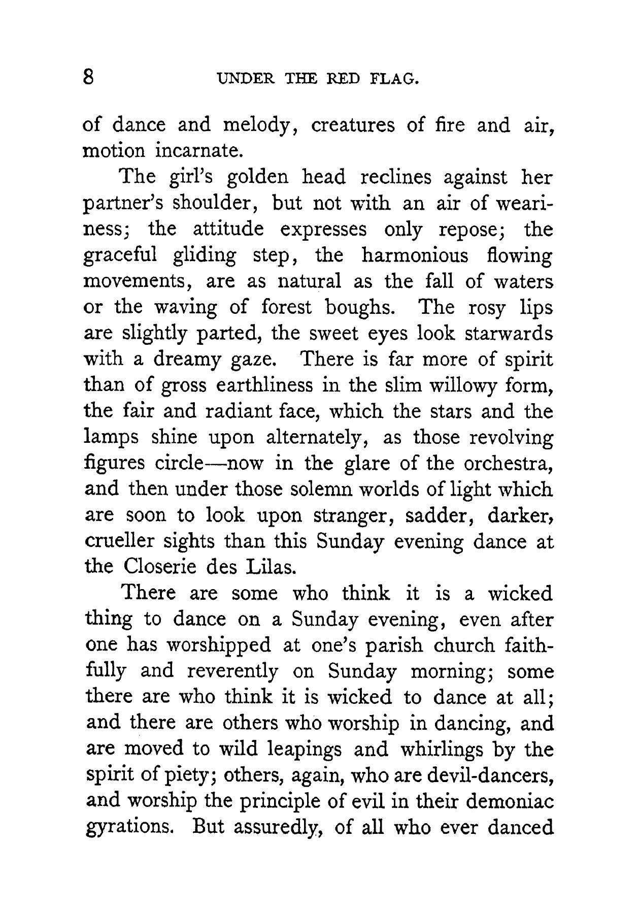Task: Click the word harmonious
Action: (x=414, y=255)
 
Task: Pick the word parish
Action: (x=397, y=645)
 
